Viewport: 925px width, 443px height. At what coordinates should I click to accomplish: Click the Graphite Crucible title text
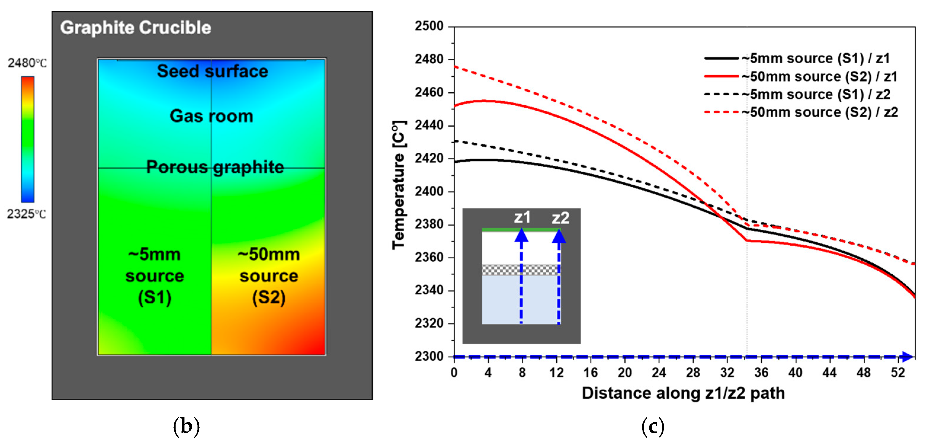(135, 28)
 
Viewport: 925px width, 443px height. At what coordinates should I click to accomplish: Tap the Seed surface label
(212, 71)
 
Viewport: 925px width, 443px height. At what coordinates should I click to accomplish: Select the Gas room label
(211, 116)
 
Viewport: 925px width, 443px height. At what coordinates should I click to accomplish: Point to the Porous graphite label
(215, 167)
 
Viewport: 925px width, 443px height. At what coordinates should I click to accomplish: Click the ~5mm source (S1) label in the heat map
(154, 276)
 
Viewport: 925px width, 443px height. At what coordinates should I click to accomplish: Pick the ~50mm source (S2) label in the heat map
(269, 276)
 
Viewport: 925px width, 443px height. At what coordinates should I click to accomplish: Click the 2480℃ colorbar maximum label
(27, 63)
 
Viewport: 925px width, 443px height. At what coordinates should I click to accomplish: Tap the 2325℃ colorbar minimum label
(27, 214)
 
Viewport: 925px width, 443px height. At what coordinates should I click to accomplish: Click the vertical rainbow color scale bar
(28, 139)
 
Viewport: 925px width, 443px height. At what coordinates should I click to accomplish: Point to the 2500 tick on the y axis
(429, 26)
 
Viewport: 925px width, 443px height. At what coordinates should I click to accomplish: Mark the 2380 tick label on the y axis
(429, 224)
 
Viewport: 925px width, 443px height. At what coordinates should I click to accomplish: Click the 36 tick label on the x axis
(761, 373)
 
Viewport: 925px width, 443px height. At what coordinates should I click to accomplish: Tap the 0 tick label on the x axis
(454, 373)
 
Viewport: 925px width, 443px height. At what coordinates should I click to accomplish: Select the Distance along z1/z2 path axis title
(683, 393)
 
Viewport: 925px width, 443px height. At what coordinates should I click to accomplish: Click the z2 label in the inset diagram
(560, 218)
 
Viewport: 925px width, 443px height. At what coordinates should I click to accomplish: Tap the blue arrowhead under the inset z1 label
(521, 236)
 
